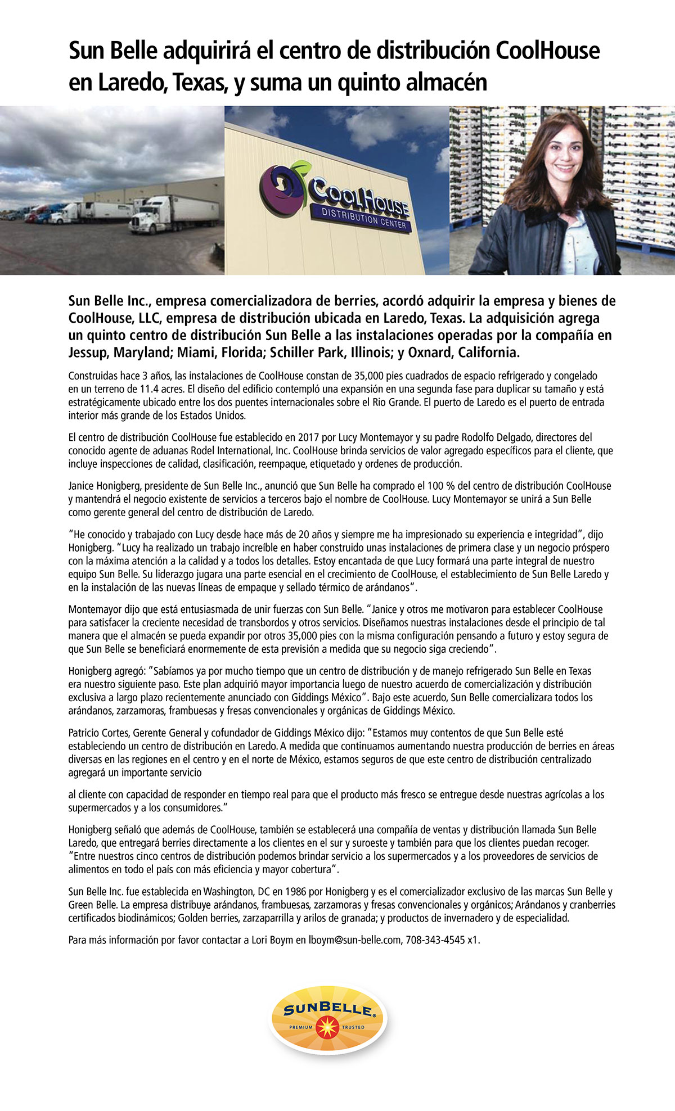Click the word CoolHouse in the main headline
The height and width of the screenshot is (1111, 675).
pos(547,51)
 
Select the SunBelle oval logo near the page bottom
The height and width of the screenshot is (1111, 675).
pos(328,1020)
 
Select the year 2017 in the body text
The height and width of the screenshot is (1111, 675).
pos(309,437)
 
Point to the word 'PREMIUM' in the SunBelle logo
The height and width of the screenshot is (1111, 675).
pos(301,1027)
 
